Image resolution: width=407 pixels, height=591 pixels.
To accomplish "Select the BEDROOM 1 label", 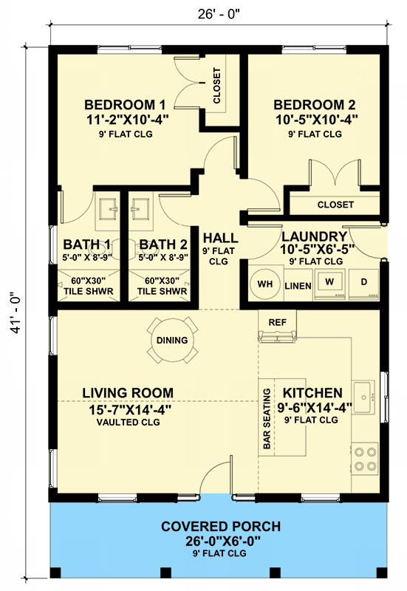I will tap(125, 103).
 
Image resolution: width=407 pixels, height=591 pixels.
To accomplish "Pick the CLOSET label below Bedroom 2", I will tap(335, 205).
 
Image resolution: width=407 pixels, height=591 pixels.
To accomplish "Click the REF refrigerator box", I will tap(277, 323).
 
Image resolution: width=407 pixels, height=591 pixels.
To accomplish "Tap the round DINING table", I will tap(171, 341).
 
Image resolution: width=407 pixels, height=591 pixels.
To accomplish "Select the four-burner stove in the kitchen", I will tap(364, 457).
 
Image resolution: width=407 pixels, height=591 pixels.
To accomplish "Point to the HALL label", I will tap(220, 239).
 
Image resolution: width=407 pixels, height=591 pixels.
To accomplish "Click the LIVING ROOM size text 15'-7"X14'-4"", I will tap(128, 409).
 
